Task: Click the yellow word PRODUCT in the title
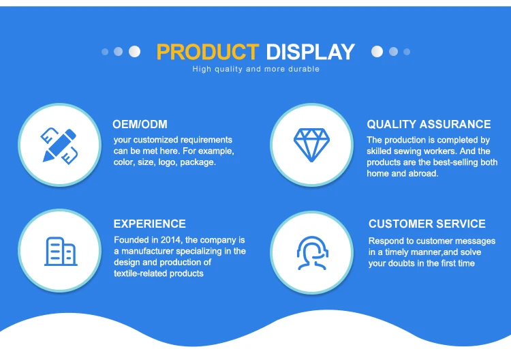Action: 208,52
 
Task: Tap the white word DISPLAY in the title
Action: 310,52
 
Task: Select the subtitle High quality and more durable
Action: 255,69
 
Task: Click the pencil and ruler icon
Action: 59,145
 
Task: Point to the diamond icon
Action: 311,145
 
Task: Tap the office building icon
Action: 61,252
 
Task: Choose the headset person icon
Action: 312,253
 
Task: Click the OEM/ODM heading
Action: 140,124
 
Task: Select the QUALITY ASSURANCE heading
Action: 429,124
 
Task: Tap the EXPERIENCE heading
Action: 150,224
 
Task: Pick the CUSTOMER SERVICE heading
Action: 427,224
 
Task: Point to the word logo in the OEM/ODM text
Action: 166,162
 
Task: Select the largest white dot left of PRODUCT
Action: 134,52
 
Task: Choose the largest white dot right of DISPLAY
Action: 377,52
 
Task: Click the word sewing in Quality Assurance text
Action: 407,151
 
